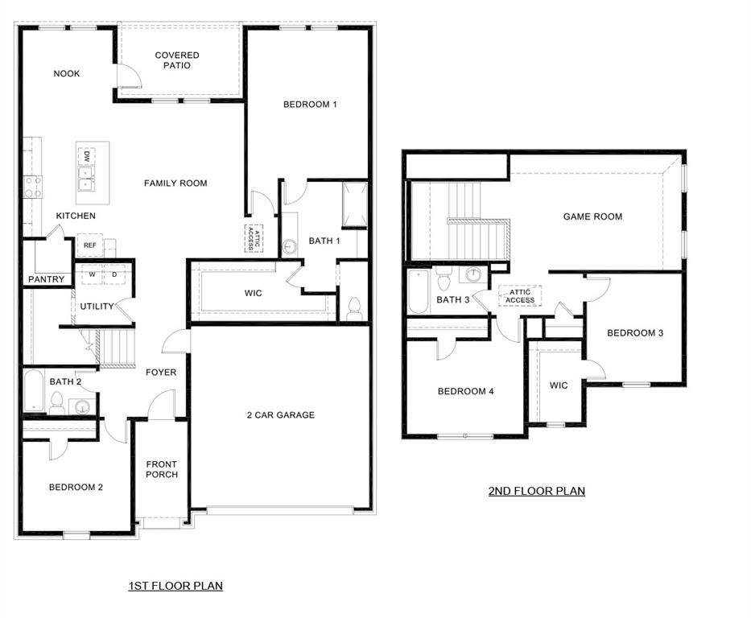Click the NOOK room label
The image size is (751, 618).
(67, 74)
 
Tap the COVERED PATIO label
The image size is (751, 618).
(177, 60)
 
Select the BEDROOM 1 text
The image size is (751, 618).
(310, 105)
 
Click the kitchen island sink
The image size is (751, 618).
(85, 176)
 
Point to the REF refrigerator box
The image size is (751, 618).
(89, 245)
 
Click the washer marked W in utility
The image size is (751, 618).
(93, 274)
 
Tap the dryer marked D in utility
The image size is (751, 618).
(114, 274)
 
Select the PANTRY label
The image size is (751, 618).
(46, 280)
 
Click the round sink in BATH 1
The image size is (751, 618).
(290, 247)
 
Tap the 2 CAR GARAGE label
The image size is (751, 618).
(280, 415)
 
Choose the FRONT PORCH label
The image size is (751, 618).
(162, 469)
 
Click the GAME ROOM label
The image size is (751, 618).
(592, 216)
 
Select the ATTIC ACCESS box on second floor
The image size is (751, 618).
(520, 296)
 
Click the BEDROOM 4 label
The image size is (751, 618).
(465, 392)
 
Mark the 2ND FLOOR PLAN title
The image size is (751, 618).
(536, 491)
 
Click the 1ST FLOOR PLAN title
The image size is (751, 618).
(175, 586)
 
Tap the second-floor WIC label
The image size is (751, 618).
(559, 385)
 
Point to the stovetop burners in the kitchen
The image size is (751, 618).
(33, 187)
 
